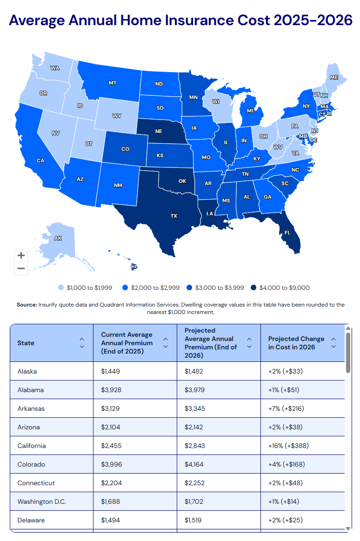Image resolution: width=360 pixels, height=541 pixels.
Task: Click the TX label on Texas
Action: [x=173, y=216]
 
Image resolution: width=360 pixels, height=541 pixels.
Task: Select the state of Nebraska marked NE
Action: [x=159, y=131]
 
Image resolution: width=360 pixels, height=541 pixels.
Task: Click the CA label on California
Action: [x=40, y=160]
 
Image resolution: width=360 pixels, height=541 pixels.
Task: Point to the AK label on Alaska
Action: [x=58, y=238]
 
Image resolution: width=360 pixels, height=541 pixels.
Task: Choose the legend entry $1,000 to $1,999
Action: [x=89, y=288]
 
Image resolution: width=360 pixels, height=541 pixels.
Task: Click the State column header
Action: [x=26, y=343]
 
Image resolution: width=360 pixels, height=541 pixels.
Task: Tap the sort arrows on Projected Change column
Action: [x=333, y=343]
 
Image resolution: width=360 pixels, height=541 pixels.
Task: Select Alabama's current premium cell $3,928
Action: [x=111, y=390]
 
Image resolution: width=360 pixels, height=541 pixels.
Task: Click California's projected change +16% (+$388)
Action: [x=288, y=446]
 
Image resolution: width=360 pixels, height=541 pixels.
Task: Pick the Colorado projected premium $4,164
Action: [x=195, y=464]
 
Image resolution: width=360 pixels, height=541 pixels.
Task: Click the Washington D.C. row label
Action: [x=42, y=501]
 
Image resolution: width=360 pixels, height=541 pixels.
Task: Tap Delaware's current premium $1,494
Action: [x=111, y=520]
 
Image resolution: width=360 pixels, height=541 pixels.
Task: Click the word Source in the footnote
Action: [x=27, y=305]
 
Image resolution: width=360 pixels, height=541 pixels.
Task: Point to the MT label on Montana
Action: [x=113, y=83]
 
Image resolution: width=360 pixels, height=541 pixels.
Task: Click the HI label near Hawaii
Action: [x=134, y=267]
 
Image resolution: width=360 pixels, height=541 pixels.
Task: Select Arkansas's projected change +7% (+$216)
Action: [x=287, y=408]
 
